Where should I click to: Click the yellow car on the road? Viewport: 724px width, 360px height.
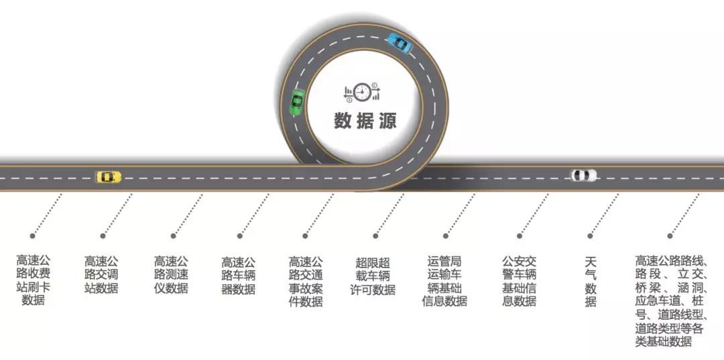pyautogui.click(x=109, y=177)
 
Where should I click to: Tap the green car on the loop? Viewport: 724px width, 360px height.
pyautogui.click(x=296, y=103)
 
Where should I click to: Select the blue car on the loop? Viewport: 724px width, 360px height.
pyautogui.click(x=400, y=43)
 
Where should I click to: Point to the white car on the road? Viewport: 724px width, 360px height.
pyautogui.click(x=583, y=176)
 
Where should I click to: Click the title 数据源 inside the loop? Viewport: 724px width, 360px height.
pyautogui.click(x=365, y=121)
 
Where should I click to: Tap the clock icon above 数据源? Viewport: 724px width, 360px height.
pyautogui.click(x=362, y=92)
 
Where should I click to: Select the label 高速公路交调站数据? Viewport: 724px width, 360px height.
pyautogui.click(x=101, y=274)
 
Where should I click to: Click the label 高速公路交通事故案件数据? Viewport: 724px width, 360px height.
pyautogui.click(x=306, y=281)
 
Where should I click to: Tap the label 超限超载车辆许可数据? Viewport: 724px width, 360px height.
pyautogui.click(x=373, y=275)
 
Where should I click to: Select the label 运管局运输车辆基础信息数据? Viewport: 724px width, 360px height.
pyautogui.click(x=444, y=281)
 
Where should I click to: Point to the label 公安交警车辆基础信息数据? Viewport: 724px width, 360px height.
pyautogui.click(x=519, y=281)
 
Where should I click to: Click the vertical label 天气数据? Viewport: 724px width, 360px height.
pyautogui.click(x=591, y=281)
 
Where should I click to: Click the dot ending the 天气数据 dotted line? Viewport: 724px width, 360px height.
pyautogui.click(x=590, y=236)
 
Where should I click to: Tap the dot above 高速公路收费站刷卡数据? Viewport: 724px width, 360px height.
pyautogui.click(x=32, y=236)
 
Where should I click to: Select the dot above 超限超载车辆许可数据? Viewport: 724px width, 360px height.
pyautogui.click(x=376, y=236)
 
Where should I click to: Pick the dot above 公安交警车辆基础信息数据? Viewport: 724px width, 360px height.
pyautogui.click(x=519, y=236)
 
